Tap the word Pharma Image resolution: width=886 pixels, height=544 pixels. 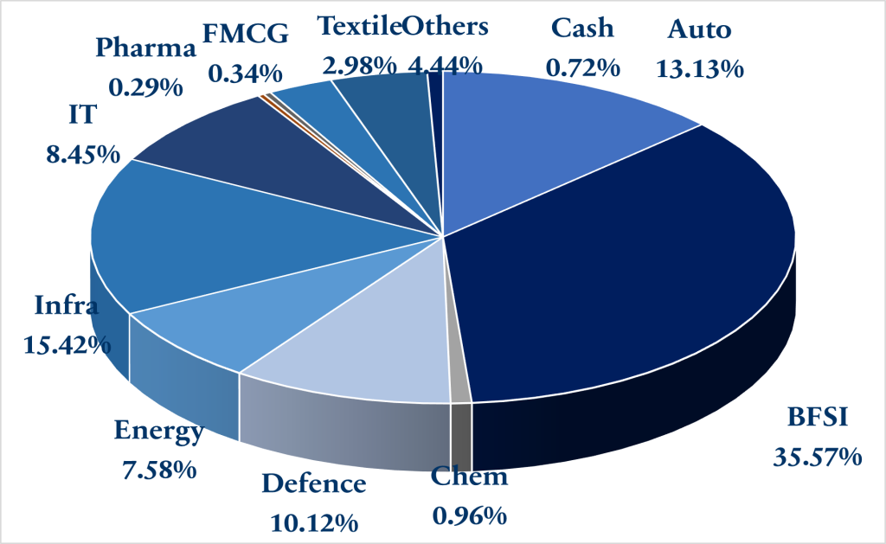pyautogui.click(x=146, y=48)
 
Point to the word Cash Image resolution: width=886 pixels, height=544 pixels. pyautogui.click(x=582, y=28)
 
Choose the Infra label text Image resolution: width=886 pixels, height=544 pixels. pyautogui.click(x=66, y=305)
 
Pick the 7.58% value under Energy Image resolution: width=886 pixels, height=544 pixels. pyautogui.click(x=158, y=470)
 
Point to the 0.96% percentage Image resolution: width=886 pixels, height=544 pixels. pyautogui.click(x=469, y=517)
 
